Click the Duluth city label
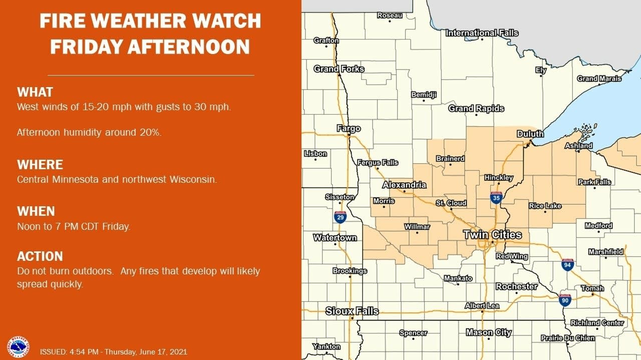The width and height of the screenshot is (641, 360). pos(530,134)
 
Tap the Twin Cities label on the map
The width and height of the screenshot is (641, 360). pos(492,234)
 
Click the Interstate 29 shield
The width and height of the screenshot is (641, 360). pos(340,217)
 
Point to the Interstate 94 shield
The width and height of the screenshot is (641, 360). pos(567,265)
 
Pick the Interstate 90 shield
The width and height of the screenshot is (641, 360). pos(565,300)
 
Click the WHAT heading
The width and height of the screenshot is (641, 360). pos(35,92)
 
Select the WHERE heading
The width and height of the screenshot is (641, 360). pos(40,165)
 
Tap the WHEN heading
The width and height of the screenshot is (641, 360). pos(36,211)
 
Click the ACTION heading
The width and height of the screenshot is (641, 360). pos(40,256)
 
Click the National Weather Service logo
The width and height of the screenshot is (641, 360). pos(18,346)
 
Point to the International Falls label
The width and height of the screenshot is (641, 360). pos(482,33)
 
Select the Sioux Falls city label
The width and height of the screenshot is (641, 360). pos(352,311)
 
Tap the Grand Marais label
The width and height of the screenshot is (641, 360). pos(599,79)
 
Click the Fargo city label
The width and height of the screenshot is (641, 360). pos(348,129)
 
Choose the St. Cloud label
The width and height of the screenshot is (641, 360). pos(451,203)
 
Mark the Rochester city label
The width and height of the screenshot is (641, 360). pos(516,286)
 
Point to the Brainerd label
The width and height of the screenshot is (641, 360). pos(450,159)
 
